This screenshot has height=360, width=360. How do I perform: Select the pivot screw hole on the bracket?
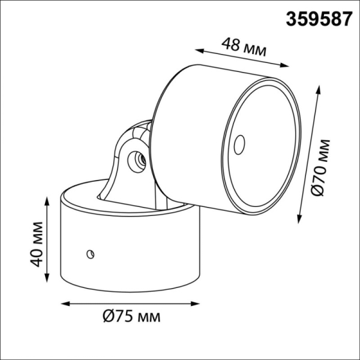pos(137,159)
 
